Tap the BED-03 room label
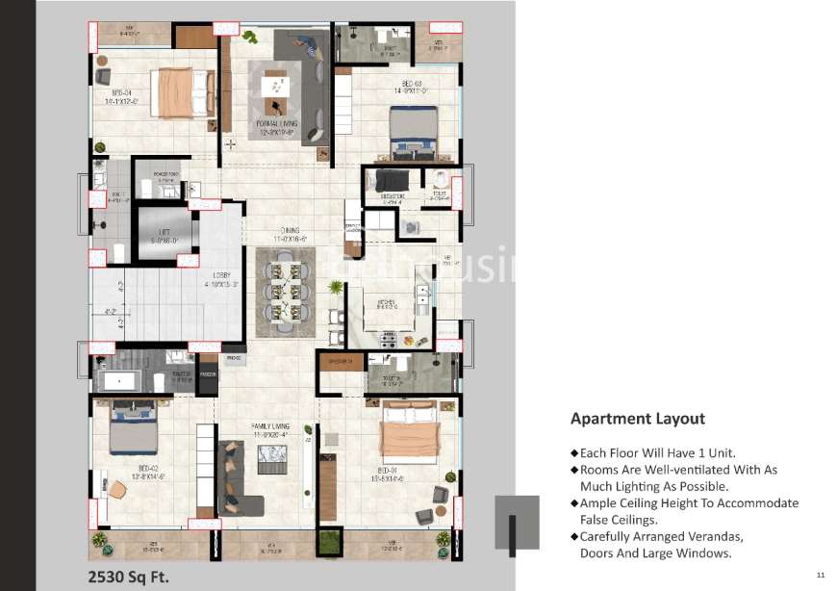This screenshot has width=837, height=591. (413, 88)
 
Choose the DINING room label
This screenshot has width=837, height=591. (287, 235)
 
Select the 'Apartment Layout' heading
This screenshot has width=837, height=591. (637, 419)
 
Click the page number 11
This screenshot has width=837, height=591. (820, 575)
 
